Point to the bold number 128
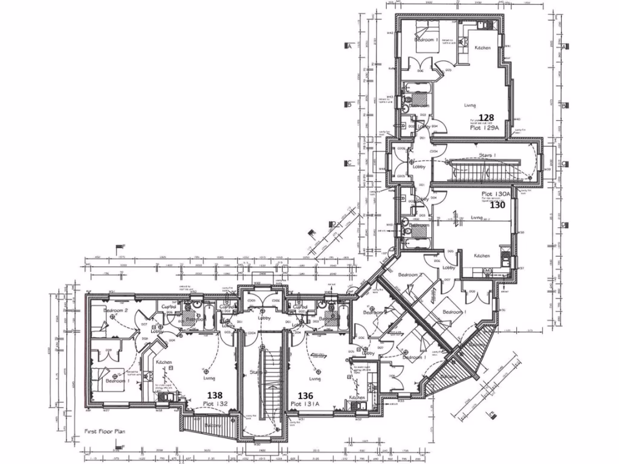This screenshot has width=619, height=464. click(x=486, y=118)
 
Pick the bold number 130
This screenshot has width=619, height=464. click(x=497, y=205)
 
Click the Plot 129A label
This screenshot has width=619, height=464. click(x=485, y=128)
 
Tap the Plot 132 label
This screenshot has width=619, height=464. click(x=215, y=403)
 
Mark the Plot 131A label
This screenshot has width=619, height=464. click(x=306, y=403)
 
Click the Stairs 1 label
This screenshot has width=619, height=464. click(x=488, y=155)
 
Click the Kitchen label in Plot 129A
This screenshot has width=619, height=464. click(x=482, y=48)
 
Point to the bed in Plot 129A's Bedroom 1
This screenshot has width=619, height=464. click(x=425, y=29)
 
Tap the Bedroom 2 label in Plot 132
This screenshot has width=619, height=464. click(x=116, y=310)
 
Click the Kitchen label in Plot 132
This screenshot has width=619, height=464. click(x=164, y=362)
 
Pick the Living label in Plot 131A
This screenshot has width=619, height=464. click(x=314, y=379)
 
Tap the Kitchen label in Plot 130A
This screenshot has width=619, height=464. click(x=482, y=256)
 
